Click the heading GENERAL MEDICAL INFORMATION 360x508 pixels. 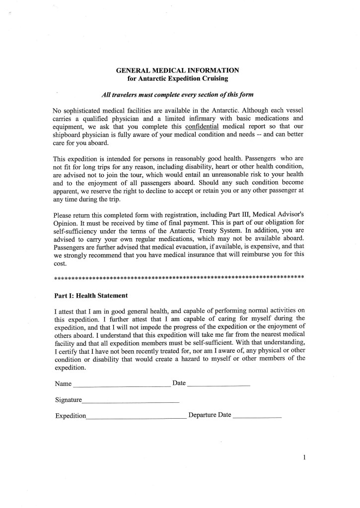pos(177,70)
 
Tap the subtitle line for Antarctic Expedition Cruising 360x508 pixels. pos(178,78)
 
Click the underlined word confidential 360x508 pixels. pos(202,126)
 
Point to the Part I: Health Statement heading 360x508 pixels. pos(91,295)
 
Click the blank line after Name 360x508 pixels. pos(122,385)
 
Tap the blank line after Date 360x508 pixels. pos(219,385)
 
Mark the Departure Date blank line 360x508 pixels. pos(257,417)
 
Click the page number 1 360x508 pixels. pos(303,458)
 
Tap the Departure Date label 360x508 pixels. pos(210,415)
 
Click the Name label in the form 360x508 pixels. pos(63,384)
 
